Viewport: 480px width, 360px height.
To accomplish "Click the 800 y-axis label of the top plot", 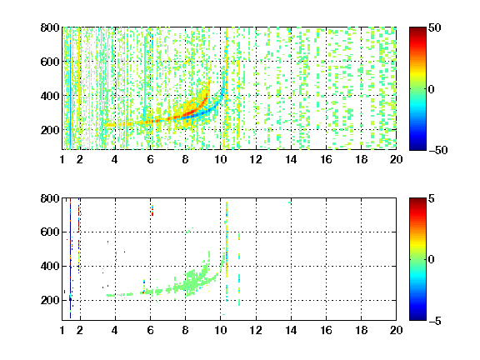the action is (50, 27).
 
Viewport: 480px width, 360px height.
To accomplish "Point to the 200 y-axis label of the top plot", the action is (50, 130).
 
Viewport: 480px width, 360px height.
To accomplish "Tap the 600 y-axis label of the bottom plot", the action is (50, 232).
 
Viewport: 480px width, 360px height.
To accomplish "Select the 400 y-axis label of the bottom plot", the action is (50, 266).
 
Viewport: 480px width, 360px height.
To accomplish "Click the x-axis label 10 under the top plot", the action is (220, 159).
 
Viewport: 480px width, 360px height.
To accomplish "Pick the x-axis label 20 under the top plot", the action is (396, 159).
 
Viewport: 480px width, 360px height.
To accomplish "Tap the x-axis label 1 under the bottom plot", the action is (62, 330).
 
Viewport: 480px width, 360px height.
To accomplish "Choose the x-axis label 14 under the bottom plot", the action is (291, 330).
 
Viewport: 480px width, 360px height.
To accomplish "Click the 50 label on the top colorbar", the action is (435, 27).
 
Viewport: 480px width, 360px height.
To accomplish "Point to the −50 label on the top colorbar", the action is (438, 150).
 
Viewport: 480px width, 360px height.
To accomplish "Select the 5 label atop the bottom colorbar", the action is (432, 198).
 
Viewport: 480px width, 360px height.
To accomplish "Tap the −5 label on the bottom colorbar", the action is (435, 321).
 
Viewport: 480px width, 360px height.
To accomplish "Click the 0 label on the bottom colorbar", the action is (432, 260).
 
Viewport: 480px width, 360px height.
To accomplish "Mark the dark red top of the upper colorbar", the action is (417, 31).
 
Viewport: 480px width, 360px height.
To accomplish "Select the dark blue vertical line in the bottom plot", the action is (70, 260).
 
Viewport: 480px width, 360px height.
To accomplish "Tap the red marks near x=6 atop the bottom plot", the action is (152, 211).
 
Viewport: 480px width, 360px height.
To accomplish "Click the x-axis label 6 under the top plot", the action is (150, 159).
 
